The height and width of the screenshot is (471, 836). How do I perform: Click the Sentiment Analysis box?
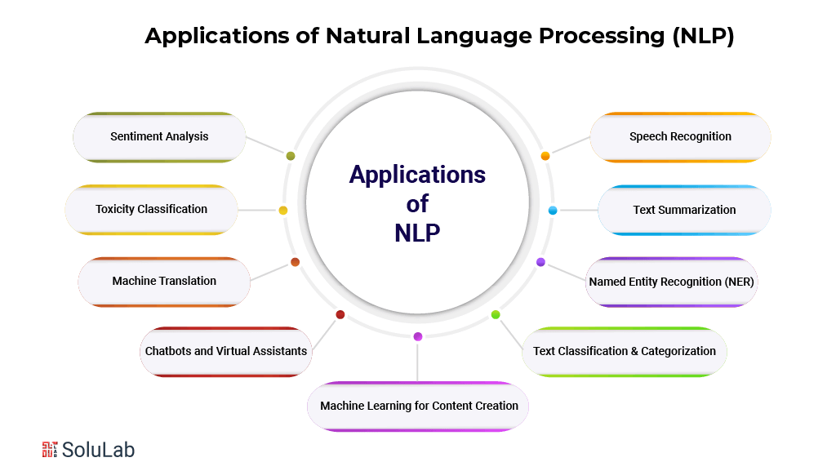click(x=159, y=137)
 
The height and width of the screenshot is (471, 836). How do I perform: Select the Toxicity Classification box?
click(x=151, y=210)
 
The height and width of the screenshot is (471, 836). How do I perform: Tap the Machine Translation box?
click(x=164, y=282)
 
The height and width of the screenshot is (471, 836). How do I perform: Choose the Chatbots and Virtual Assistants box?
click(x=226, y=352)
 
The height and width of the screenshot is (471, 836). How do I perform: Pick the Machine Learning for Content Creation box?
click(x=418, y=407)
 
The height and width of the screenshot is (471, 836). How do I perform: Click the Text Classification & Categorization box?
click(x=625, y=352)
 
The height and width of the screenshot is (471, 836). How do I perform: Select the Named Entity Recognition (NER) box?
click(x=672, y=282)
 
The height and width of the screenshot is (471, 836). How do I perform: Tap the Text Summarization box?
click(x=684, y=210)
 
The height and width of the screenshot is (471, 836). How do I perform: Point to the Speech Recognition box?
click(x=680, y=137)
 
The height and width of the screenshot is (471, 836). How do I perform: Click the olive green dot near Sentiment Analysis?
click(x=291, y=156)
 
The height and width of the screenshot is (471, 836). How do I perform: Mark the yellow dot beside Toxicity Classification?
click(x=283, y=211)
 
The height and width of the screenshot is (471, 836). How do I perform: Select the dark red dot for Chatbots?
click(x=340, y=315)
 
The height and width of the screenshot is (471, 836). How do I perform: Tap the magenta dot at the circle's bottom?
click(x=418, y=336)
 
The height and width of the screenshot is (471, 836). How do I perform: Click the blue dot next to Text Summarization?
click(x=553, y=211)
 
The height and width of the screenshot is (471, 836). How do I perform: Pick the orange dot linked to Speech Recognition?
click(x=545, y=156)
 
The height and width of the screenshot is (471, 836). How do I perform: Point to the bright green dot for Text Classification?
click(x=496, y=315)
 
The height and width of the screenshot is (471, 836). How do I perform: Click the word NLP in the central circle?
click(x=417, y=233)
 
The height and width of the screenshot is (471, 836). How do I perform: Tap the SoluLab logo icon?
click(x=50, y=449)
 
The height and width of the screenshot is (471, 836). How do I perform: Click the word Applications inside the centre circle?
click(x=417, y=175)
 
